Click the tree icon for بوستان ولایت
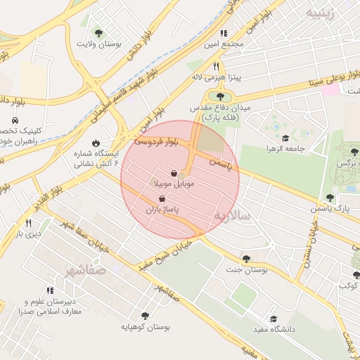[98, 32]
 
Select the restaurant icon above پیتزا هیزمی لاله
[217, 65]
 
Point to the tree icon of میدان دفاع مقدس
[221, 96]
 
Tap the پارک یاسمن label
[332, 209]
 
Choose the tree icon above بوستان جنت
[245, 259]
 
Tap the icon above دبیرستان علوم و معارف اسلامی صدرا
[50, 290]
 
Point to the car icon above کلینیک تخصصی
[15, 120]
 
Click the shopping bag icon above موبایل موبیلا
[174, 172]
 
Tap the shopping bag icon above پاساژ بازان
[163, 199]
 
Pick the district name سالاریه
[232, 214]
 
